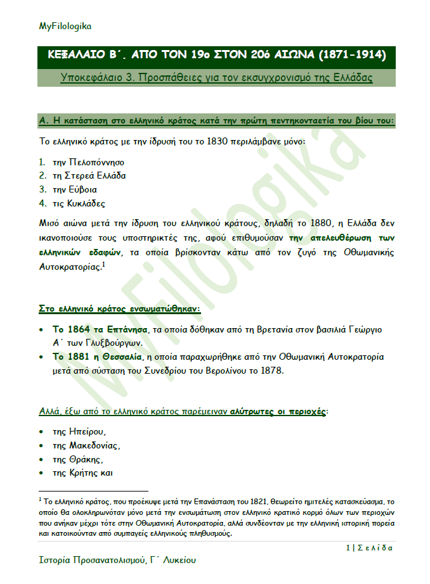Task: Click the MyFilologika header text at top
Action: (65, 26)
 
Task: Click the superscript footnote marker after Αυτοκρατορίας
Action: (103, 265)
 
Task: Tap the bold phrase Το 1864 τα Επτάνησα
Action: (99, 330)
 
